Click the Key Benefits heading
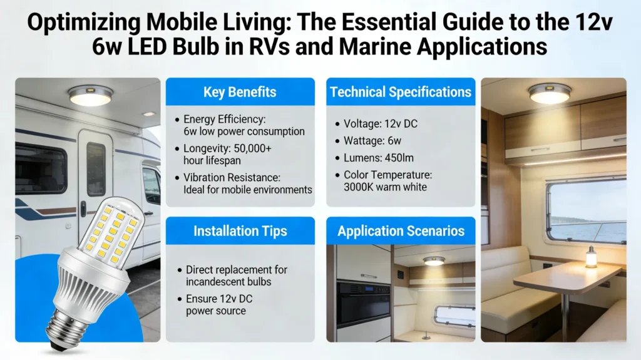click(240, 93)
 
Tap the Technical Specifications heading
click(400, 92)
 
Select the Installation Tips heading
click(240, 231)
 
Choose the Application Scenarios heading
click(401, 231)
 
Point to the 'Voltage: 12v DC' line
click(381, 124)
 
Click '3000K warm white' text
click(384, 187)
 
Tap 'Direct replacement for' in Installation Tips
click(237, 270)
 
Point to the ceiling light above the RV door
click(91, 95)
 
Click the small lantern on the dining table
click(591, 257)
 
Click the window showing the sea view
click(586, 213)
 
